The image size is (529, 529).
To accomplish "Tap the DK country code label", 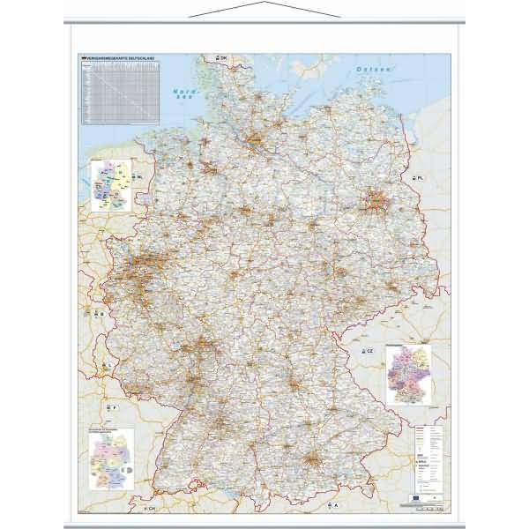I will pos(223,57).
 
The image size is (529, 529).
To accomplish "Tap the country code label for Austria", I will pos(336,505).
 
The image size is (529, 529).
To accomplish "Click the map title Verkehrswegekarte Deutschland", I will pos(117,58).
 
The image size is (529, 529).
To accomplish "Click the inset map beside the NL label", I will pos(110,183).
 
